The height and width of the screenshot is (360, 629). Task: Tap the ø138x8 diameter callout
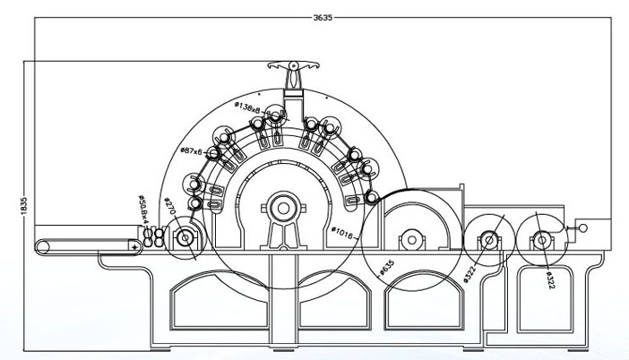(x=247, y=107)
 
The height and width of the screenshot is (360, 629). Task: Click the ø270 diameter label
(x=168, y=207)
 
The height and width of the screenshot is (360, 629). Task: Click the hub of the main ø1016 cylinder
(x=283, y=209)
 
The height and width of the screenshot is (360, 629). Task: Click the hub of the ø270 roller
(x=185, y=238)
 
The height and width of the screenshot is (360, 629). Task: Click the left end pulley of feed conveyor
(x=41, y=246)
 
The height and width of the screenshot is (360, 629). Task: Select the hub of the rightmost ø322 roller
(x=541, y=239)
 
